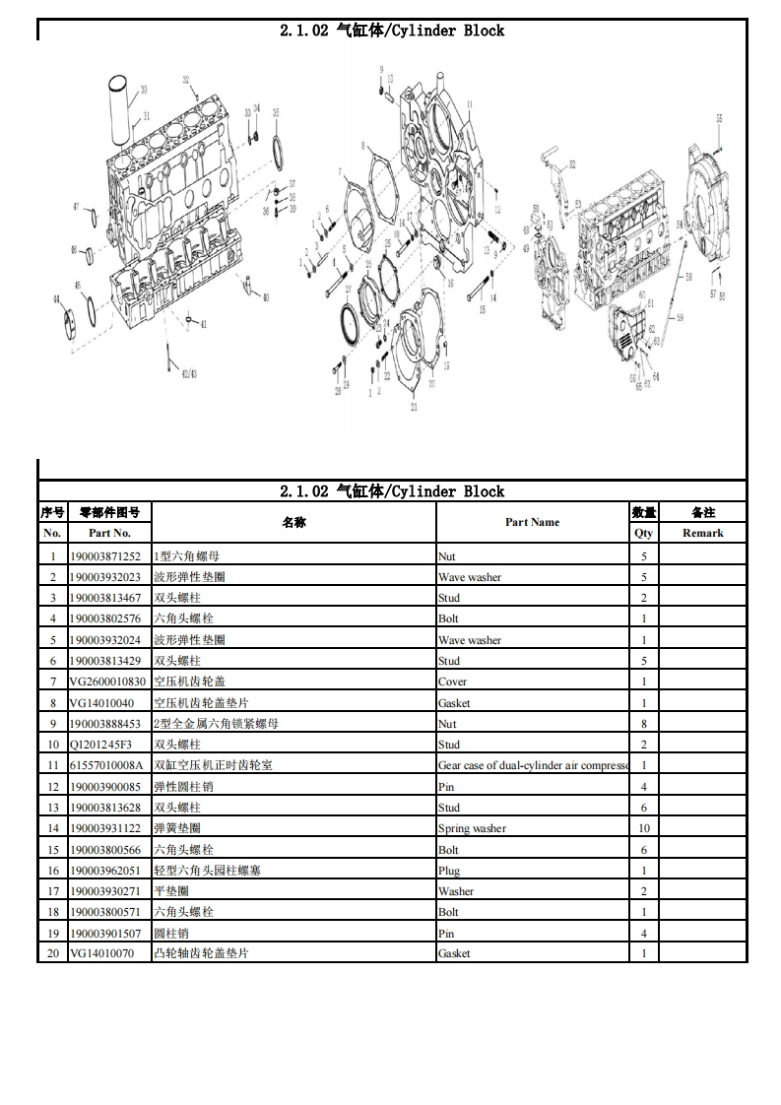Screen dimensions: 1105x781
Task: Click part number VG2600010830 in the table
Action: pyautogui.click(x=107, y=682)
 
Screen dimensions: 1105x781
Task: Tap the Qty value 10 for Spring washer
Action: pyautogui.click(x=644, y=828)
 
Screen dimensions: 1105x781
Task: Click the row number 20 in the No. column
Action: pyautogui.click(x=53, y=953)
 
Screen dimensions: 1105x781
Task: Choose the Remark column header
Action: pyautogui.click(x=702, y=533)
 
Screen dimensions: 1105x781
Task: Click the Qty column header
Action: pyautogui.click(x=644, y=533)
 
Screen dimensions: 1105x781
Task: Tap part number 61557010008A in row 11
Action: pyautogui.click(x=107, y=765)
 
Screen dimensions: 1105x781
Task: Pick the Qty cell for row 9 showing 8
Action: pyautogui.click(x=644, y=724)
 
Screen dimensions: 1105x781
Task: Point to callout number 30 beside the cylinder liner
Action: pyautogui.click(x=144, y=90)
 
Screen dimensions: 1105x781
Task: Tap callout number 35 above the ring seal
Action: pyautogui.click(x=276, y=112)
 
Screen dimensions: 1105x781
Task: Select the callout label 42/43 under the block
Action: pyautogui.click(x=188, y=373)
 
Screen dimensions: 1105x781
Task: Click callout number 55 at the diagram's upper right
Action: pyautogui.click(x=719, y=118)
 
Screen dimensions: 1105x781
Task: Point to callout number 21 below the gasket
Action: pyautogui.click(x=414, y=407)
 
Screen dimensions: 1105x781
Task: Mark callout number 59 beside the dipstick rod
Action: pyautogui.click(x=680, y=317)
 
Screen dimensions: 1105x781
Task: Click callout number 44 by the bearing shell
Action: pyautogui.click(x=56, y=297)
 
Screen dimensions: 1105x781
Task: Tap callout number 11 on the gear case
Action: pyautogui.click(x=470, y=104)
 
